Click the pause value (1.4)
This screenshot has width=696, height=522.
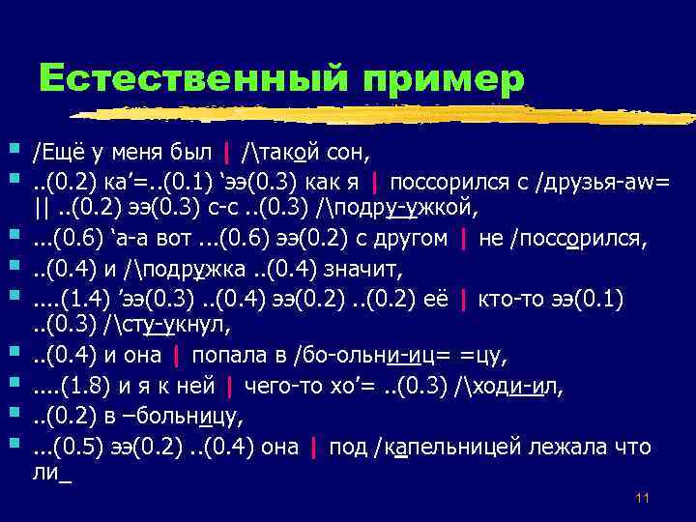(96, 293)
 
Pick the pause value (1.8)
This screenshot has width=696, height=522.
(96, 388)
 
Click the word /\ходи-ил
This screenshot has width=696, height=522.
(511, 388)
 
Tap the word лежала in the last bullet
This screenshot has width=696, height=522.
(576, 448)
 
